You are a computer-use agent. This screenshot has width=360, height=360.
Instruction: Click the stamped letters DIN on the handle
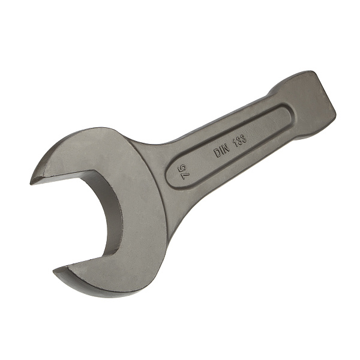click(x=222, y=151)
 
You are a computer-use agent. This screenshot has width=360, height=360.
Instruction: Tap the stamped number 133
click(x=240, y=140)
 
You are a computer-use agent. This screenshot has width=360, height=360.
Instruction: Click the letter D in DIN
click(x=217, y=154)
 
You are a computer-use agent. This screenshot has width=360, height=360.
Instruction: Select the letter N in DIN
click(x=227, y=149)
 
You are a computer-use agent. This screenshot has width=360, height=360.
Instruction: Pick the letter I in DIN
click(x=222, y=151)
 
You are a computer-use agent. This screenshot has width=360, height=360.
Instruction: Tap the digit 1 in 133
click(x=235, y=143)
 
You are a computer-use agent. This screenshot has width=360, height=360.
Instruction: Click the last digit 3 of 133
click(x=244, y=138)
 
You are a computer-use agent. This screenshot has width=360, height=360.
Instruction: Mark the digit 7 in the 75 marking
click(x=184, y=176)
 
